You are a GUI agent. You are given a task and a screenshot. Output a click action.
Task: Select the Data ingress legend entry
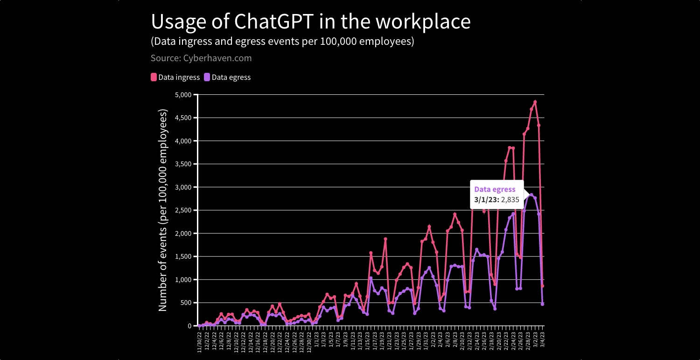[x=175, y=78]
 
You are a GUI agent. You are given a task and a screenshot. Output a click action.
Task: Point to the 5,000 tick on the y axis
[x=183, y=95]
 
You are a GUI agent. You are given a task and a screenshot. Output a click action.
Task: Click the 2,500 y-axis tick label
[x=183, y=211]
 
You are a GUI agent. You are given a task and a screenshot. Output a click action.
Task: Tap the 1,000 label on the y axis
[x=183, y=280]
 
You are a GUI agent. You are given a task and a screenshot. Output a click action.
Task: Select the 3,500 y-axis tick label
[x=183, y=164]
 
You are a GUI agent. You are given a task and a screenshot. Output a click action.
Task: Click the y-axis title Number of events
[x=163, y=210]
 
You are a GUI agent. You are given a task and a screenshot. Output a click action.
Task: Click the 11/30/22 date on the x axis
[x=200, y=342]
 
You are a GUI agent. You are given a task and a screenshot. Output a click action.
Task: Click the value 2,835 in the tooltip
[x=510, y=199]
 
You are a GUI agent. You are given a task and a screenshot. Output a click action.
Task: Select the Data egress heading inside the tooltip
[x=495, y=190]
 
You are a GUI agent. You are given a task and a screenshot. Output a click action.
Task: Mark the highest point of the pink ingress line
[x=535, y=102]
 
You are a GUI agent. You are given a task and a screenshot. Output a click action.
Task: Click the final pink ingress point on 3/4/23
[x=542, y=286]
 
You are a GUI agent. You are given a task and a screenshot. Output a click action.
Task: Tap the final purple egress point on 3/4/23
[x=542, y=304]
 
